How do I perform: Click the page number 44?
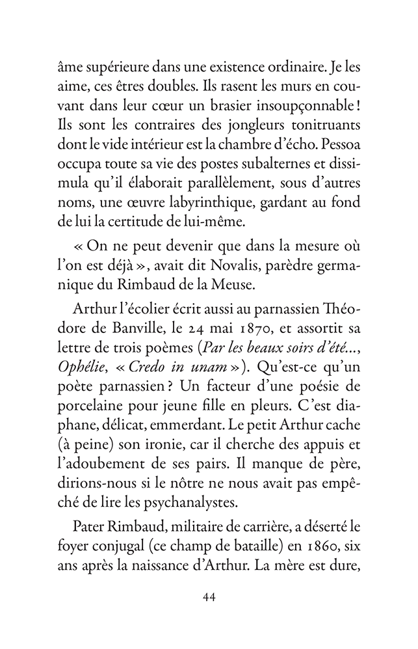pyautogui.click(x=209, y=597)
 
